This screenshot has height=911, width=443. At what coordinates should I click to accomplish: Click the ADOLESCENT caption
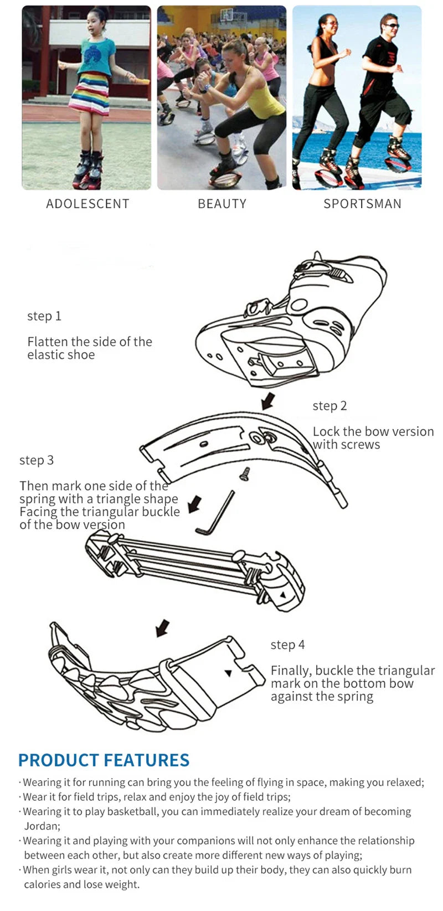87,204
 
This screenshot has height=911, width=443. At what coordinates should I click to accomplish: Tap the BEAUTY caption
222,204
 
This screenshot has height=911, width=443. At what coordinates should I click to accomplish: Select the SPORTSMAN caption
362,204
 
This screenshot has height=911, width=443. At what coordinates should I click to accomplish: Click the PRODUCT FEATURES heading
104,760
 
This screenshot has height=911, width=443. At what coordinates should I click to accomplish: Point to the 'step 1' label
44,316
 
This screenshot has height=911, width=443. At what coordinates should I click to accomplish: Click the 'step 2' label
329,406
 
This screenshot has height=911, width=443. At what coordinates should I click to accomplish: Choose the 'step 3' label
37,460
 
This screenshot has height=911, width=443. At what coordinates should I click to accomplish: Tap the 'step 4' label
287,645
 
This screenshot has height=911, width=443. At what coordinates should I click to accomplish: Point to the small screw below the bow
244,473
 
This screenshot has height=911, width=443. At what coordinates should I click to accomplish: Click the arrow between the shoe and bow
268,400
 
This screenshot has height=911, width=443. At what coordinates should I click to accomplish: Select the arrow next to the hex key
194,505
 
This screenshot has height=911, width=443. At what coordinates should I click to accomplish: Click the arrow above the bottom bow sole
162,628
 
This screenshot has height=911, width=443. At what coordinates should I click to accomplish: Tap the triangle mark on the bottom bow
228,673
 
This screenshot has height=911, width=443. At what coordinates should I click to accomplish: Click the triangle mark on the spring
282,594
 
